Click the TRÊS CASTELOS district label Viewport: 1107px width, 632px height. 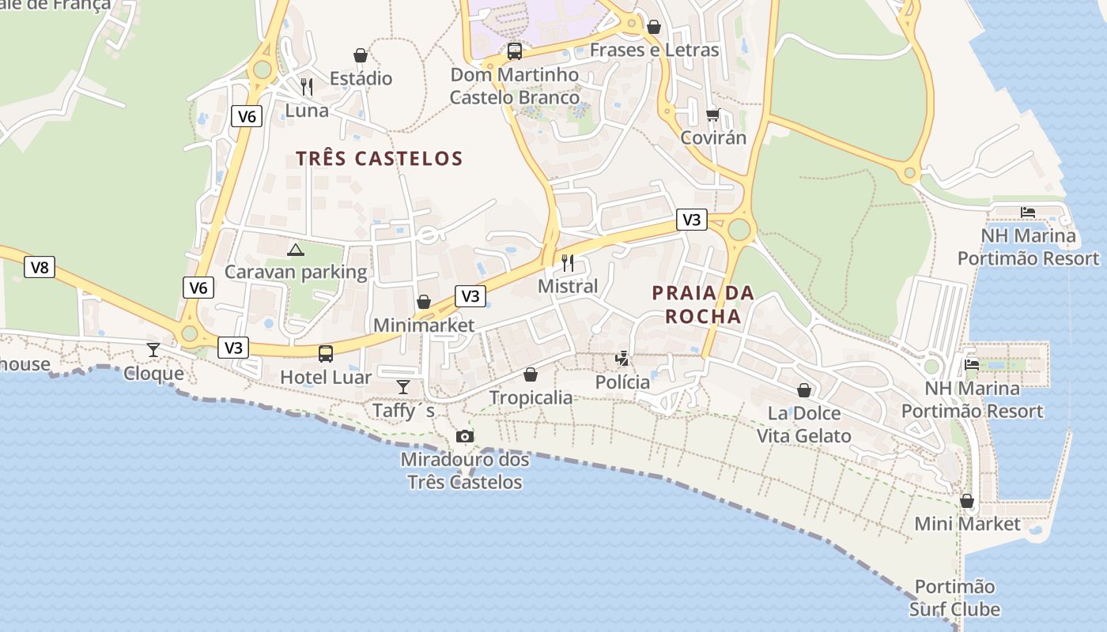pyautogui.click(x=379, y=158)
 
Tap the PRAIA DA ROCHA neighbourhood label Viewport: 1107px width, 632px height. pyautogui.click(x=703, y=304)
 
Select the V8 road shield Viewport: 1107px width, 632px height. pyautogui.click(x=39, y=268)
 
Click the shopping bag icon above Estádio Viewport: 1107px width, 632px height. pyautogui.click(x=361, y=55)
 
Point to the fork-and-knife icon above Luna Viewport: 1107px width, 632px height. pyautogui.click(x=307, y=86)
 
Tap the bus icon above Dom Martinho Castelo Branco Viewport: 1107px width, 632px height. pyautogui.click(x=515, y=51)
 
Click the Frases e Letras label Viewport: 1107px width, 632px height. pyautogui.click(x=655, y=50)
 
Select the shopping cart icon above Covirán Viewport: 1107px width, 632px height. pyautogui.click(x=712, y=115)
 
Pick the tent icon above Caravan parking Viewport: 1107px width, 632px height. pyautogui.click(x=296, y=250)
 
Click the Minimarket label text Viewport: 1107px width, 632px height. pyautogui.click(x=424, y=325)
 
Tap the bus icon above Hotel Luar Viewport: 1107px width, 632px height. pyautogui.click(x=326, y=354)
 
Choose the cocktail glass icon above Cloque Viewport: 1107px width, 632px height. pyautogui.click(x=153, y=349)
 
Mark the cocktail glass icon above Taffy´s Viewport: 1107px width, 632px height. pyautogui.click(x=403, y=386)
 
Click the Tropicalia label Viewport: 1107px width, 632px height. pyautogui.click(x=531, y=397)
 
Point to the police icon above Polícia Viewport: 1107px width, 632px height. pyautogui.click(x=622, y=359)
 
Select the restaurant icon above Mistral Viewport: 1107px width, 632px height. pyautogui.click(x=568, y=262)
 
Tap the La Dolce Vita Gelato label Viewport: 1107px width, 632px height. pyautogui.click(x=804, y=424)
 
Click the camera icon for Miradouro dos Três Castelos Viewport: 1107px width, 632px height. pyautogui.click(x=465, y=436)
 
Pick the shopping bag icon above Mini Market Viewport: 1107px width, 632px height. pyautogui.click(x=967, y=501)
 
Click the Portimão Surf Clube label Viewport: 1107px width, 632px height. pyautogui.click(x=955, y=598)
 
